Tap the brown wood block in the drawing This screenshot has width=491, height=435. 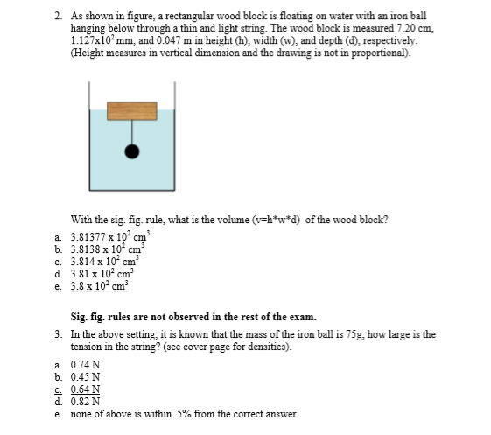132,110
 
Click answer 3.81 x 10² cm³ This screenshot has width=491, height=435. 96,273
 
